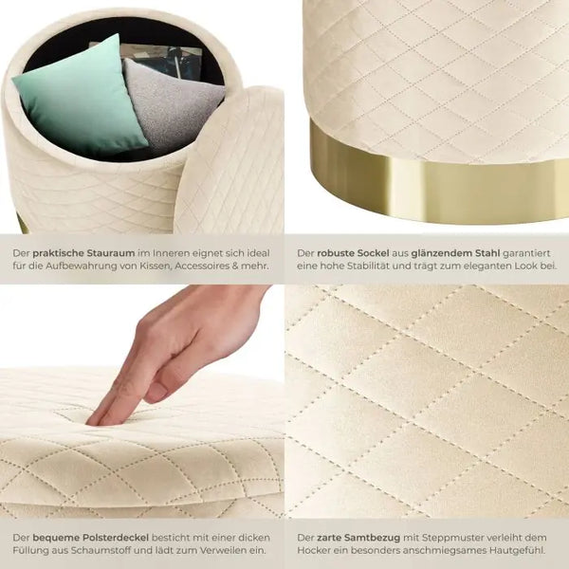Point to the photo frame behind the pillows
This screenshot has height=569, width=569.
[159, 62]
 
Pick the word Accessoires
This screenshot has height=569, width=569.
[201, 266]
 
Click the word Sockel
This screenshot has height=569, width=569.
[374, 253]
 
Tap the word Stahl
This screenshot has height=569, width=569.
[488, 253]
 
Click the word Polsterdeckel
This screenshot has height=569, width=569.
[116, 538]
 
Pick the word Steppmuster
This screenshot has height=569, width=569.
[454, 538]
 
